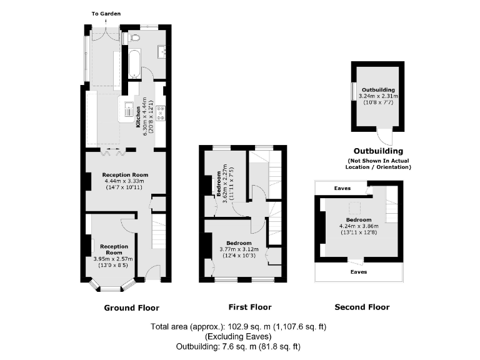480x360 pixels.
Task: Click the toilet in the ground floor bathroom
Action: click(132, 38)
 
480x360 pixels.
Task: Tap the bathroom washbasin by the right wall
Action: click(161, 51)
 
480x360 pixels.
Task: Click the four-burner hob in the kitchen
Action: click(160, 112)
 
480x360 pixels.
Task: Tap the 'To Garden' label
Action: click(106, 13)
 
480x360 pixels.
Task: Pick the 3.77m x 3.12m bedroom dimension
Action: click(239, 249)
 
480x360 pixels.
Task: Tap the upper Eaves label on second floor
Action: click(342, 187)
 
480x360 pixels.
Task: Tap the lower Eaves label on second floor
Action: click(358, 272)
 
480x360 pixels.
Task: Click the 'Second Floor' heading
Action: click(362, 307)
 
